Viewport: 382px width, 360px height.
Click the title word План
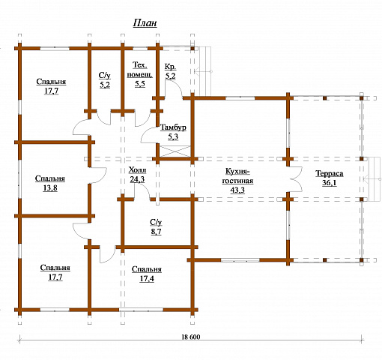pyautogui.click(x=145, y=23)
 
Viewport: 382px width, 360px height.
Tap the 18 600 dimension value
pyautogui.click(x=191, y=337)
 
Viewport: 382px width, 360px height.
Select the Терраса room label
pyautogui.click(x=330, y=173)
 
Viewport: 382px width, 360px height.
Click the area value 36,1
pyautogui.click(x=330, y=183)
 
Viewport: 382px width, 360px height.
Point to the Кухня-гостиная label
pyautogui.click(x=237, y=176)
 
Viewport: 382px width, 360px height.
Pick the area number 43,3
pyautogui.click(x=237, y=190)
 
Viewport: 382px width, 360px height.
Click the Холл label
pyautogui.click(x=137, y=170)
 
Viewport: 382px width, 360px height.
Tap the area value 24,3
pyautogui.click(x=137, y=179)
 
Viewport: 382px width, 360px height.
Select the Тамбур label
pyautogui.click(x=173, y=127)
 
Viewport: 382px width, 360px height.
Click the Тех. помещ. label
pyautogui.click(x=139, y=70)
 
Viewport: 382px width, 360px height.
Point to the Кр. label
pyautogui.click(x=171, y=67)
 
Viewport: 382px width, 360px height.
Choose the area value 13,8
pyautogui.click(x=50, y=187)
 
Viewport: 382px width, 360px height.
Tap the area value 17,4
pyautogui.click(x=147, y=278)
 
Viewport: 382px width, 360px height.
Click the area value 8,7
pyautogui.click(x=156, y=232)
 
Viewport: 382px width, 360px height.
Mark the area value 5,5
pyautogui.click(x=140, y=84)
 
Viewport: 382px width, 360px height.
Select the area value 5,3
pyautogui.click(x=173, y=136)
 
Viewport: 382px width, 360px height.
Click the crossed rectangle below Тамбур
pyautogui.click(x=175, y=151)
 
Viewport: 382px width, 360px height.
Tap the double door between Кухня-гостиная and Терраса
pyautogui.click(x=297, y=179)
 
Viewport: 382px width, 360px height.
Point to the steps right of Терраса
pyautogui.click(x=375, y=179)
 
